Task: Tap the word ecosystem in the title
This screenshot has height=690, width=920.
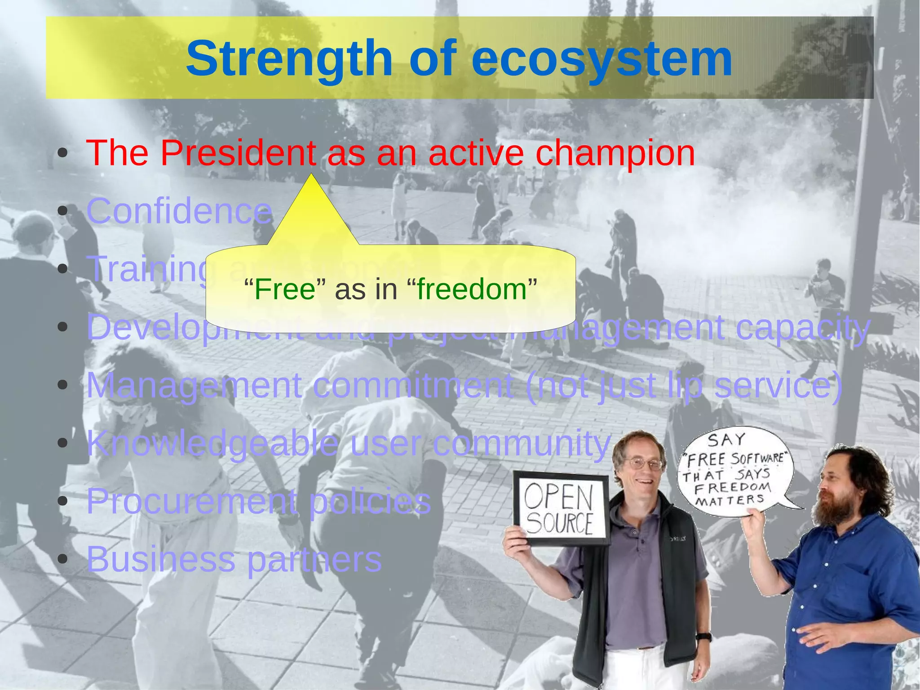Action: click(x=602, y=59)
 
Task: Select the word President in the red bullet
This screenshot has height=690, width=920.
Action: click(x=238, y=153)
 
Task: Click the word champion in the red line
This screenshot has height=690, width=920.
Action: click(x=615, y=153)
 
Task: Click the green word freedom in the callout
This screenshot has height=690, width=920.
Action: click(x=472, y=289)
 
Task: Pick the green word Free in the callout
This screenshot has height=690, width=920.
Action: click(x=285, y=289)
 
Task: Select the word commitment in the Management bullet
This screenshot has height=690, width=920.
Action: click(x=413, y=385)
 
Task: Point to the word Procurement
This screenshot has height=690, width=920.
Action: click(x=191, y=501)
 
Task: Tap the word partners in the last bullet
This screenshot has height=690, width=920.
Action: click(x=314, y=559)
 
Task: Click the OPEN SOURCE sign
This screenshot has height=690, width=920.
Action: click(x=560, y=508)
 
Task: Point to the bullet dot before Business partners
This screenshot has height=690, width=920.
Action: click(x=63, y=559)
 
